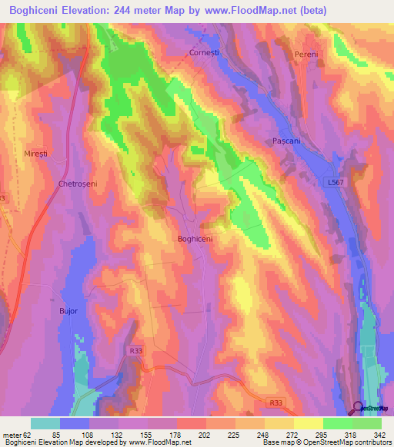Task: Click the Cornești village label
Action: click(205, 53)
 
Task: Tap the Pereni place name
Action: click(306, 55)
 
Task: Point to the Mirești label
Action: click(35, 154)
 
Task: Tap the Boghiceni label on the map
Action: click(195, 239)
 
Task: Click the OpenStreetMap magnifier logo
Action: click(358, 407)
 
